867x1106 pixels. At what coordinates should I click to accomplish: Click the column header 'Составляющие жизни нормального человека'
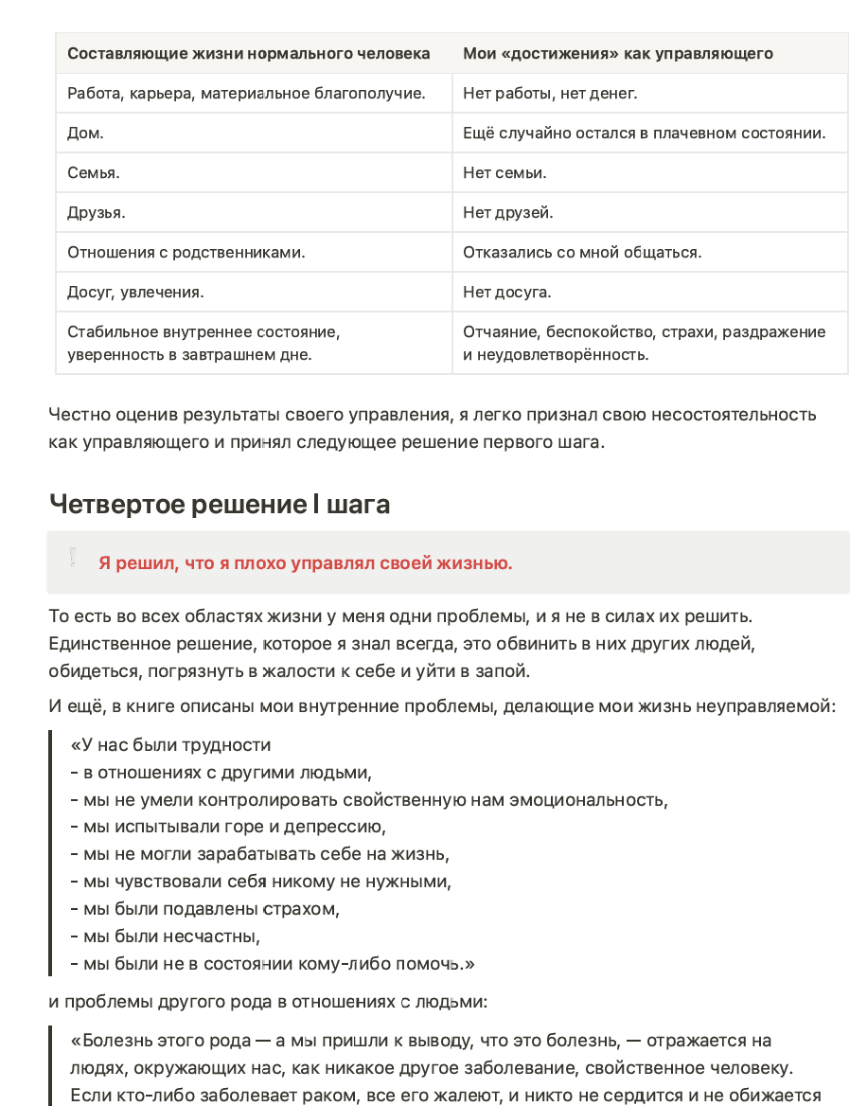248,54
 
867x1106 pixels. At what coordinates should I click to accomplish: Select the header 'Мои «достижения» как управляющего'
617,54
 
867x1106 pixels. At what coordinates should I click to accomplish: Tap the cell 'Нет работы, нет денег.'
550,94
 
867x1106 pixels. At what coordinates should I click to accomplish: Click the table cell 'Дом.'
86,134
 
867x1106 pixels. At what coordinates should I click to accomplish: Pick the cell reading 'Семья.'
94,173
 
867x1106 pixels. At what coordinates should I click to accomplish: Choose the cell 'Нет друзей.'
508,213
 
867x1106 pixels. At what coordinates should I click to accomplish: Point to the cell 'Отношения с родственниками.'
186,253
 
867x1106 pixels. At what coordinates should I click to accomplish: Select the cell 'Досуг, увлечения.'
135,293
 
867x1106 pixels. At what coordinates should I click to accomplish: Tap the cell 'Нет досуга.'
506,293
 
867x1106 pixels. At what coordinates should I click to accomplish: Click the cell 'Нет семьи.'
504,173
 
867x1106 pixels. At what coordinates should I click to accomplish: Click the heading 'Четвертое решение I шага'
219,505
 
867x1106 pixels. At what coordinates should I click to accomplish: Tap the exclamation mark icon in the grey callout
72,559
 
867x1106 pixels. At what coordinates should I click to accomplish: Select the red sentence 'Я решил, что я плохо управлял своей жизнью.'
305,563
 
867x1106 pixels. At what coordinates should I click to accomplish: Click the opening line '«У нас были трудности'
170,745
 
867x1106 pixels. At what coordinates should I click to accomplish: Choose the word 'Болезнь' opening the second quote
115,1041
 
